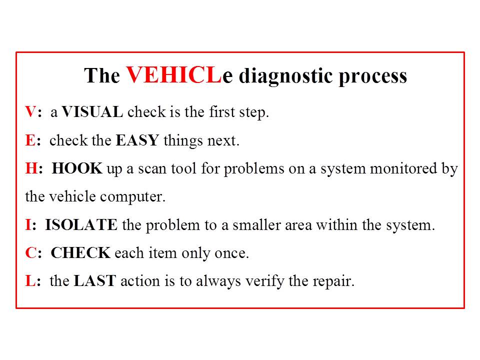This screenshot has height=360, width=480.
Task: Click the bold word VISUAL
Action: (92, 112)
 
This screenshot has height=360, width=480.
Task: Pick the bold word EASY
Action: (137, 140)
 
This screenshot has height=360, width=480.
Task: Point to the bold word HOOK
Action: (77, 168)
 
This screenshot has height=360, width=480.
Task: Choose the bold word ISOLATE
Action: (81, 225)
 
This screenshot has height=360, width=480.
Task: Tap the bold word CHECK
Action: (80, 253)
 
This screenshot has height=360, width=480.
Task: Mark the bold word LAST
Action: (95, 281)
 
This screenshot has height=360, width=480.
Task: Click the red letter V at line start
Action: (30, 112)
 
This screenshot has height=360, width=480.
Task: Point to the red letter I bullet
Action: (28, 225)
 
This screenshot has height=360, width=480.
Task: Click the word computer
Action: (132, 197)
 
